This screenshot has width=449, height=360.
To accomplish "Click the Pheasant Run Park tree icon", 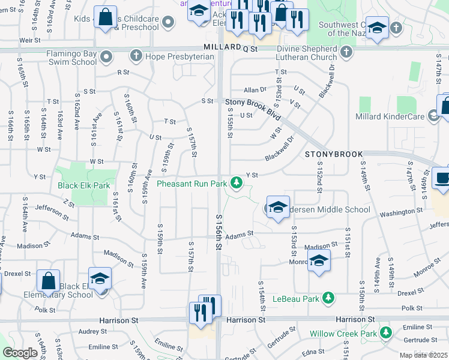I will pos(238,182).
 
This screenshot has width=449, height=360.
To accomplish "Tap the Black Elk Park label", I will pos(83,185).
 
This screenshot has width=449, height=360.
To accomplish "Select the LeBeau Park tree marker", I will pos(328,298).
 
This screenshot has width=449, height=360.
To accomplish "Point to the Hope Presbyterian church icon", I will pos(136,56).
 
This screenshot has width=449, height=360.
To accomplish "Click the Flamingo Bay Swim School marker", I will pos(107,57).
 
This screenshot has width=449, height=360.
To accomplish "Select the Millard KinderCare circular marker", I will pos(433,116).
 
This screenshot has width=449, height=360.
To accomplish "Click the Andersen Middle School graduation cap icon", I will pos(277,208).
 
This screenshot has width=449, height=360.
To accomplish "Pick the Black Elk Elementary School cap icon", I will pos(100,279).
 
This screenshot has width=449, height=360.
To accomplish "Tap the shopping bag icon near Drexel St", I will pos(48,281).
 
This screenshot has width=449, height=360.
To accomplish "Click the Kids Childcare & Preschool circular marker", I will pos(168,23).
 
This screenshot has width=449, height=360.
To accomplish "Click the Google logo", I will pos(20,353).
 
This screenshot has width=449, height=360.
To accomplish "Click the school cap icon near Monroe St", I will pos(319,260).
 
